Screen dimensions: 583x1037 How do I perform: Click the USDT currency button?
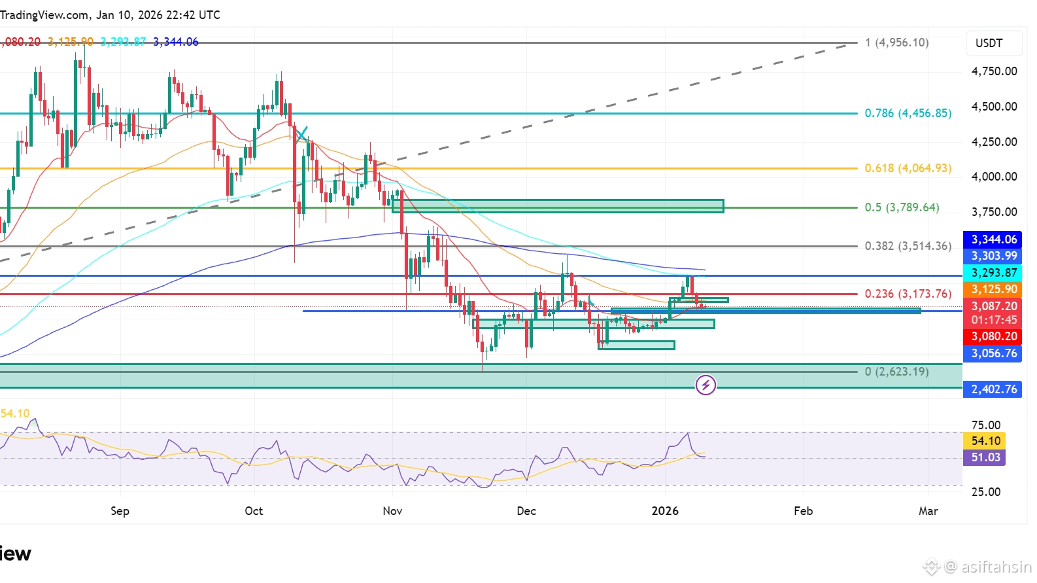coord(989,43)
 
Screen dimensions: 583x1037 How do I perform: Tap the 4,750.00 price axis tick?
coord(994,71)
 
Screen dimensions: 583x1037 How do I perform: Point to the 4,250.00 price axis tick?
coord(994,142)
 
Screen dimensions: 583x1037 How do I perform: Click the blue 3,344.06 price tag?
coord(993,239)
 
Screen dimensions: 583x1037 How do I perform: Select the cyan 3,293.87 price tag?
coord(993,273)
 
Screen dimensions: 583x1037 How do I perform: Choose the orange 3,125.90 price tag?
coord(993,289)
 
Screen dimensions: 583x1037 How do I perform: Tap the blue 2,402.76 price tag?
coord(993,389)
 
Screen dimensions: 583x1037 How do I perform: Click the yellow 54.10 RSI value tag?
coord(985,441)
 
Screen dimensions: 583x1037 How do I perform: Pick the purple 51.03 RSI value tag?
coord(985,457)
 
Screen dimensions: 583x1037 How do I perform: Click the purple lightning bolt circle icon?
coord(705,385)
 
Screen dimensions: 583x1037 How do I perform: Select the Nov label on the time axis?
coord(392,511)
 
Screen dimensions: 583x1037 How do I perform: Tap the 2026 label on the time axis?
coord(665,511)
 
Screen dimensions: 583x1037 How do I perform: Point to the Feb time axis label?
coord(803,511)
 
